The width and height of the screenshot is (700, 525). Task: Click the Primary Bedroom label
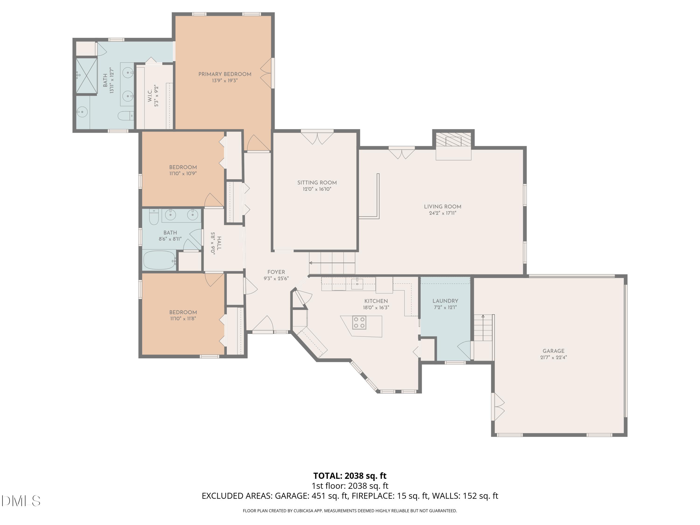point(225,74)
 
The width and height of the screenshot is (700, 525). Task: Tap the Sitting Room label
point(317,183)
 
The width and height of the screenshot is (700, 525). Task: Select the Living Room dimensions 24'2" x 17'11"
point(442,213)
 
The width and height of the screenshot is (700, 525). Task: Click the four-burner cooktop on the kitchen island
point(359,322)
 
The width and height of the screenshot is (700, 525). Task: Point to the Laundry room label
point(445,301)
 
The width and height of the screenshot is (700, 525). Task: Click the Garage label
point(553,351)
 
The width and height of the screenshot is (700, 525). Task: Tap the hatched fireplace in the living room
point(453,140)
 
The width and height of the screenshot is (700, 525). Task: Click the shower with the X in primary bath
point(86,76)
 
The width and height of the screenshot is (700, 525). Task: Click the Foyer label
point(276,272)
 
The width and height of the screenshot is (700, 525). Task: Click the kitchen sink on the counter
point(357,283)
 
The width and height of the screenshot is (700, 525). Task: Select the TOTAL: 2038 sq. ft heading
point(350,476)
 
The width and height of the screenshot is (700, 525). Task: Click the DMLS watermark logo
point(21,501)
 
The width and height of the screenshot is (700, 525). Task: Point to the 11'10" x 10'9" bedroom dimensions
point(183,173)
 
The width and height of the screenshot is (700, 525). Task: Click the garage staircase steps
point(483,328)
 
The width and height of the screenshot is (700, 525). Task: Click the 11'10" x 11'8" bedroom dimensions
point(183,318)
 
